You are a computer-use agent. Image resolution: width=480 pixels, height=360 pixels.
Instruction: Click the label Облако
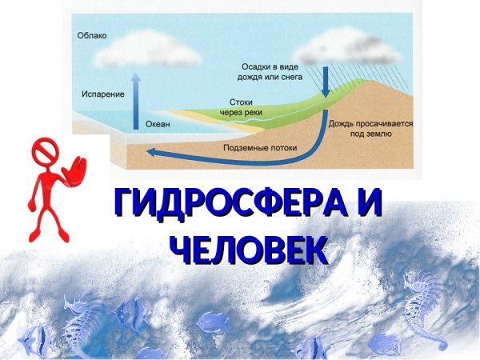[x=92, y=36]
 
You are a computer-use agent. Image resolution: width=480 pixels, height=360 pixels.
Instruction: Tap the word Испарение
[x=102, y=94]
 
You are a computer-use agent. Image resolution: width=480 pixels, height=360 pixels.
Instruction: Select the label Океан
[x=158, y=125]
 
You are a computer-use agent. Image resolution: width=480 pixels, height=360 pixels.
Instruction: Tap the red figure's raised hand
[x=78, y=171]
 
